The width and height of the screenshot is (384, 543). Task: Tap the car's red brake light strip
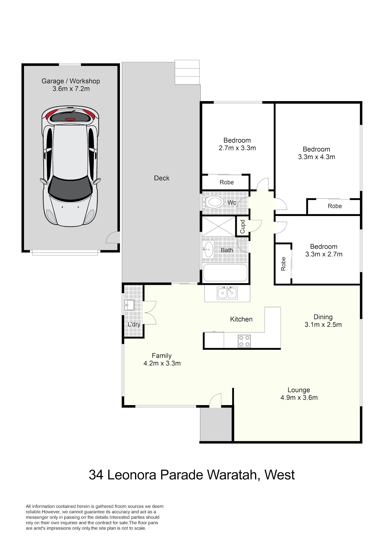click(70, 119)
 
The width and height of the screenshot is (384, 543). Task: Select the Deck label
click(162, 178)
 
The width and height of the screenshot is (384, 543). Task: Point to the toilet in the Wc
click(213, 202)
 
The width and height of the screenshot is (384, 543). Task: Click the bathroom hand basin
click(208, 249)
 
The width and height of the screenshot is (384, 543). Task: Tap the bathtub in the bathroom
click(225, 273)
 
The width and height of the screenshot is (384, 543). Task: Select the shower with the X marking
click(219, 227)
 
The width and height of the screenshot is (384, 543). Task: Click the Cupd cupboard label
click(243, 227)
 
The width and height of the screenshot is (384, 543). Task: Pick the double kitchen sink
click(228, 293)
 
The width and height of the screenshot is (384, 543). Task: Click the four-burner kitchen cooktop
click(244, 341)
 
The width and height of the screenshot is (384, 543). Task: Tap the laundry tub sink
click(130, 305)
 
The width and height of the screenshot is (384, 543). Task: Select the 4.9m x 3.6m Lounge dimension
click(299, 397)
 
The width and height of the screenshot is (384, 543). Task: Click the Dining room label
click(323, 317)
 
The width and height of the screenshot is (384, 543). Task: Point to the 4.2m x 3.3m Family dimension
click(162, 363)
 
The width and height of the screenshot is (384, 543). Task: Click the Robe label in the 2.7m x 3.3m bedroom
click(227, 182)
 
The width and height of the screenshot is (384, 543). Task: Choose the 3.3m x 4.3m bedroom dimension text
click(316, 157)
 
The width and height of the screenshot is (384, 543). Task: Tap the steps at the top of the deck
click(187, 72)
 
